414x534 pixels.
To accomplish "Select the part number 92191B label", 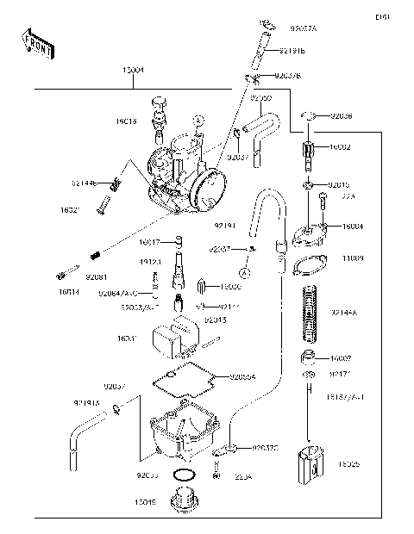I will click(292, 51).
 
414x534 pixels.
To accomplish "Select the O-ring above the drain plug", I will click(183, 475).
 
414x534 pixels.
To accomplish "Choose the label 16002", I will click(339, 148).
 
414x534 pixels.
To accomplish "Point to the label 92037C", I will click(265, 448).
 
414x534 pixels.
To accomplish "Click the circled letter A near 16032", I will click(245, 273).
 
